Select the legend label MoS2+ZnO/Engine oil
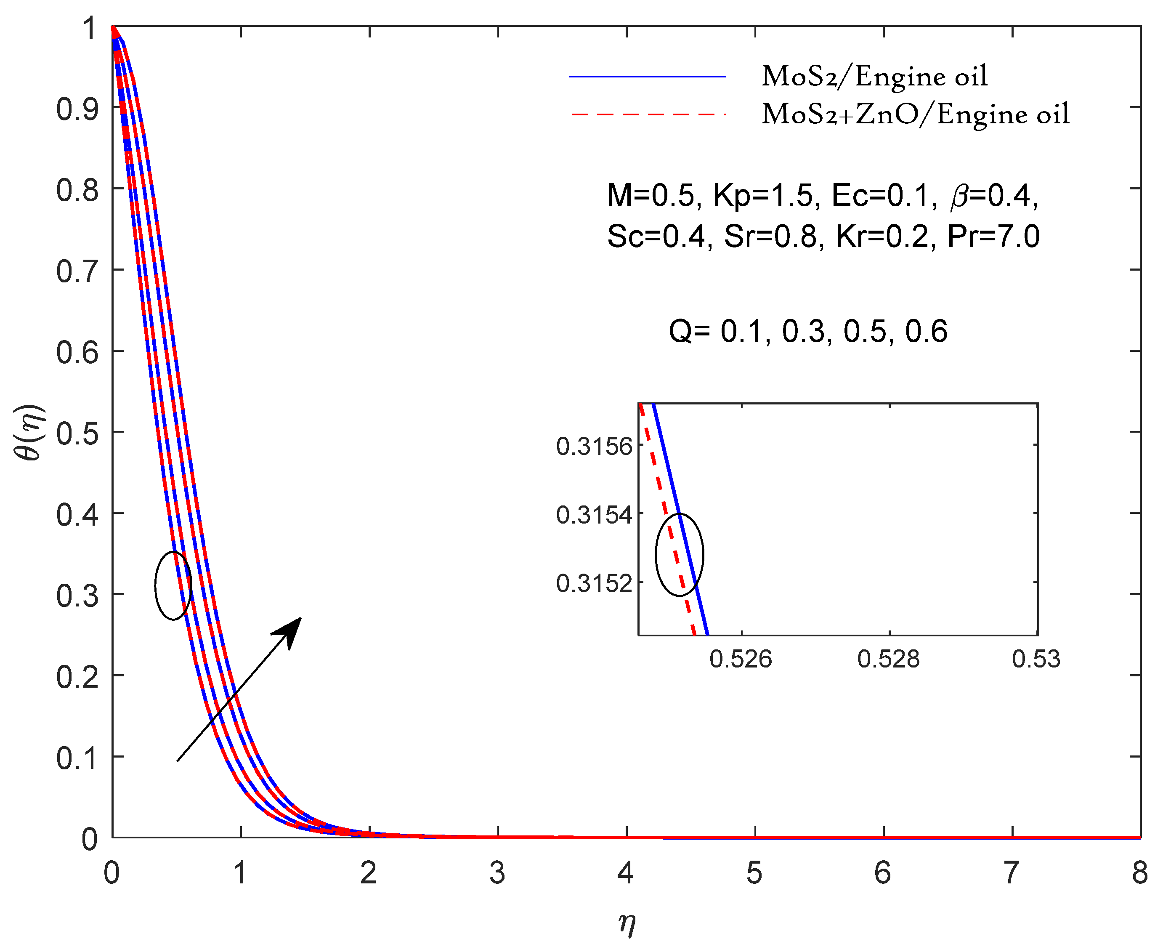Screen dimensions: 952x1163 click(x=915, y=114)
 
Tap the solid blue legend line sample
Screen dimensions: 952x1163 click(x=647, y=77)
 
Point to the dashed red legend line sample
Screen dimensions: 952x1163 click(x=647, y=114)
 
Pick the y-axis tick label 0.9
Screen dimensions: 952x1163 click(x=77, y=109)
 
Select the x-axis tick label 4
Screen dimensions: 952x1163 click(x=625, y=873)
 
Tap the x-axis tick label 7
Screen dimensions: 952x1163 click(x=1011, y=873)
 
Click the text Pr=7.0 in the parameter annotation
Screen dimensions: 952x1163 click(x=993, y=237)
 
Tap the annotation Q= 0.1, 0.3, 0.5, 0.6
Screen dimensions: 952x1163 click(x=808, y=331)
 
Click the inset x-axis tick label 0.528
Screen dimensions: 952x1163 click(x=888, y=659)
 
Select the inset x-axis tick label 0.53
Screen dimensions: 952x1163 click(x=1035, y=659)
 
